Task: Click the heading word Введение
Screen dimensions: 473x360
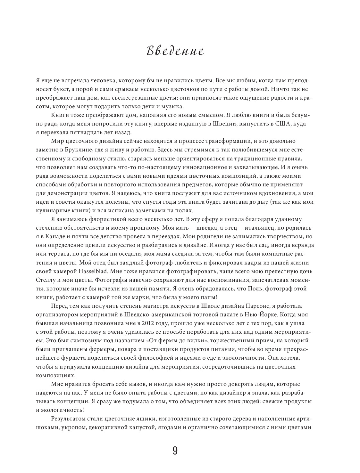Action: [175, 51]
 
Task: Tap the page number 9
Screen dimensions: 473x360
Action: [175, 451]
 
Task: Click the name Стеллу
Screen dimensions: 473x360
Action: [46, 280]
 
